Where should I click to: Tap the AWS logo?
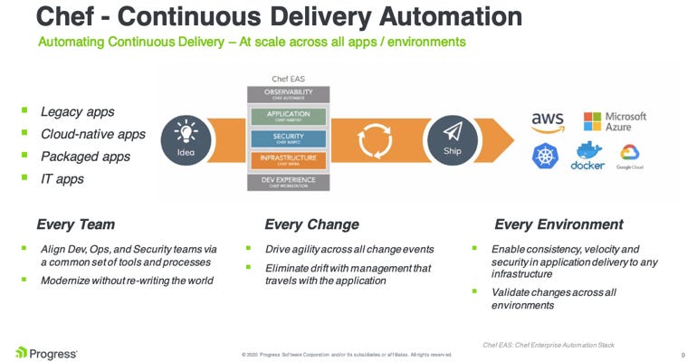pos(548,121)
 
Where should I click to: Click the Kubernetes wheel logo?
pos(546,156)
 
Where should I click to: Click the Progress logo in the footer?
pos(46,351)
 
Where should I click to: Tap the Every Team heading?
pos(75,224)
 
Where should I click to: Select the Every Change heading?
pos(311,224)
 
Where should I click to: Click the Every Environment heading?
pos(559,224)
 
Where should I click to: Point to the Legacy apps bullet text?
pos(76,112)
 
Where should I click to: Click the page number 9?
pos(682,354)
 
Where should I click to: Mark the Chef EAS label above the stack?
pos(289,80)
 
